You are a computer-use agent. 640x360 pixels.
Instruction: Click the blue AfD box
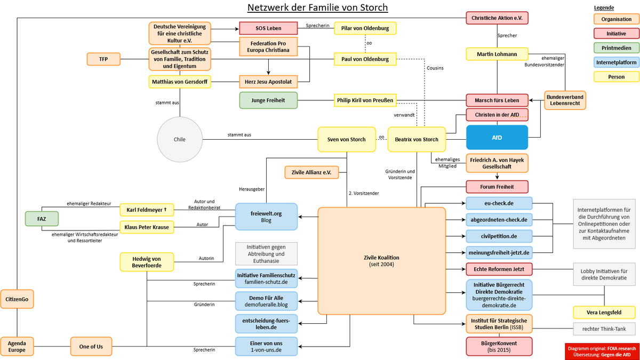(x=497, y=138)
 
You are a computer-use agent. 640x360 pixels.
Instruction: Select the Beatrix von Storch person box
(x=417, y=139)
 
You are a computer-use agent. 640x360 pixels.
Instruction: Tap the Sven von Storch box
(x=347, y=139)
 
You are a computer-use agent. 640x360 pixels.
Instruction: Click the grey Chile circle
(x=180, y=139)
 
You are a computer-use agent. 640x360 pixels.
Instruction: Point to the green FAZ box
(x=42, y=219)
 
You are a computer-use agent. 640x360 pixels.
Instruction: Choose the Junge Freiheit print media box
(x=268, y=100)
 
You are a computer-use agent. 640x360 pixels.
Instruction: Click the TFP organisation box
(x=103, y=59)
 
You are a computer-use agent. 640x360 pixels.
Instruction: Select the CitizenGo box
(x=17, y=299)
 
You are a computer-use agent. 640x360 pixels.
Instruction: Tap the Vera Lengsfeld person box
(x=604, y=313)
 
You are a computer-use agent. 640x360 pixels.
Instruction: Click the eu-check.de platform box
(x=499, y=203)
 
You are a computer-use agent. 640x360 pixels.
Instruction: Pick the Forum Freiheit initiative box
(x=497, y=187)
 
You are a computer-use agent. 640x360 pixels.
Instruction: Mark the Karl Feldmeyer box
(x=147, y=210)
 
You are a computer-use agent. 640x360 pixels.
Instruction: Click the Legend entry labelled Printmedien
(x=617, y=48)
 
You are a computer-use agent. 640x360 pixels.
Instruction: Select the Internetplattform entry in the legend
(x=617, y=62)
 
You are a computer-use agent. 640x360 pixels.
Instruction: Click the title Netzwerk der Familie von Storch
(x=317, y=7)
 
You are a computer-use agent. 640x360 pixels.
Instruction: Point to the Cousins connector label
(x=435, y=68)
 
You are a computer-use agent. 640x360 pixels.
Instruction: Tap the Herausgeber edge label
(x=252, y=189)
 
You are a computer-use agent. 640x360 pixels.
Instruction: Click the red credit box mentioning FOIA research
(x=602, y=351)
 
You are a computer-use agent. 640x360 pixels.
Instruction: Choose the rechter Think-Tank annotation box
(x=604, y=329)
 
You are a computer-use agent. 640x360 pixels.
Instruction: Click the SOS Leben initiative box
(x=268, y=28)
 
